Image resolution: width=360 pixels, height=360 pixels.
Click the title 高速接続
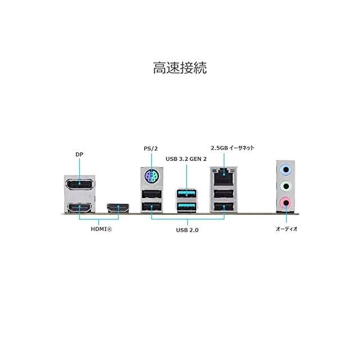click(179, 69)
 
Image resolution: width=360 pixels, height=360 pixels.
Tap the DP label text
click(79, 154)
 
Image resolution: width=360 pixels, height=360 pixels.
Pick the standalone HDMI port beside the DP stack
click(119, 209)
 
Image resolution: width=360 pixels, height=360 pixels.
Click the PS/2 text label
click(150, 148)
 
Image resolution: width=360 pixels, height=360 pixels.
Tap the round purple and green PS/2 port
click(150, 178)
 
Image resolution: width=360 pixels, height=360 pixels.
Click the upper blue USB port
click(186, 194)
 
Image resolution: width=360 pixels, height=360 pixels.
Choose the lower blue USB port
click(186, 208)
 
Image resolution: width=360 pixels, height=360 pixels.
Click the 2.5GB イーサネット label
click(232, 148)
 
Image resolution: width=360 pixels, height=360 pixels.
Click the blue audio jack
click(286, 167)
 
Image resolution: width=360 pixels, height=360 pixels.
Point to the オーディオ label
click(286, 229)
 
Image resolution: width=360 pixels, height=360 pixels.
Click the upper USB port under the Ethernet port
click(225, 194)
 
